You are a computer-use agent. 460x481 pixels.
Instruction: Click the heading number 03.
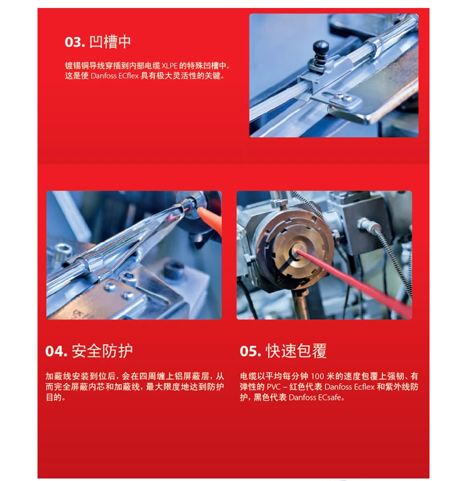(74, 42)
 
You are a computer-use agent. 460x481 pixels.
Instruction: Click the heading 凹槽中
(110, 42)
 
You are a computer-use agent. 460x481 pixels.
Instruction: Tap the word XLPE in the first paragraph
(169, 65)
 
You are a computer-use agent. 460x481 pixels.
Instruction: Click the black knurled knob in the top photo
(320, 48)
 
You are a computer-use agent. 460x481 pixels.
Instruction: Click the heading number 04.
(56, 351)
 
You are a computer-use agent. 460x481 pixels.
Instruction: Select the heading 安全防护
(102, 351)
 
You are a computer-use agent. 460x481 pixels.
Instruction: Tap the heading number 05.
(250, 351)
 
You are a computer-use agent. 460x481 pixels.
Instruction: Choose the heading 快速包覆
(295, 351)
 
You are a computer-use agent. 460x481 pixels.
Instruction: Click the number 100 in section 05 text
(317, 377)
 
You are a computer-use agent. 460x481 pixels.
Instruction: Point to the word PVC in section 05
(273, 387)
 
